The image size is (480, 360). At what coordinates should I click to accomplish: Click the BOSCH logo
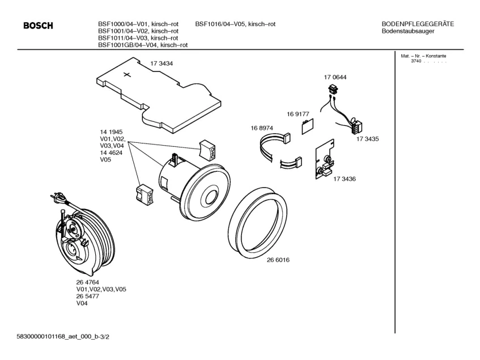click(37, 26)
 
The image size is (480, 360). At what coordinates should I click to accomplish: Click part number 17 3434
click(162, 64)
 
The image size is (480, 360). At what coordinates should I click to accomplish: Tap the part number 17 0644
click(335, 77)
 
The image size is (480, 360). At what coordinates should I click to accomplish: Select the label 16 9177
click(298, 114)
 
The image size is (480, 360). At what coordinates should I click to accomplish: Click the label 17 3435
click(368, 138)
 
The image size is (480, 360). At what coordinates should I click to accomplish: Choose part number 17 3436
click(345, 179)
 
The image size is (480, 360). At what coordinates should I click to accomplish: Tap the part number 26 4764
click(88, 282)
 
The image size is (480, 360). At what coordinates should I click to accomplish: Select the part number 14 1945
click(111, 132)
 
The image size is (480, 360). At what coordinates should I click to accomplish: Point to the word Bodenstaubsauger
click(408, 31)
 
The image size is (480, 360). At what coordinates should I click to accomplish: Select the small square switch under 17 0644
click(333, 89)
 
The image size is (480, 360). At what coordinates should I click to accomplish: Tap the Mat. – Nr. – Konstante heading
click(424, 56)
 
